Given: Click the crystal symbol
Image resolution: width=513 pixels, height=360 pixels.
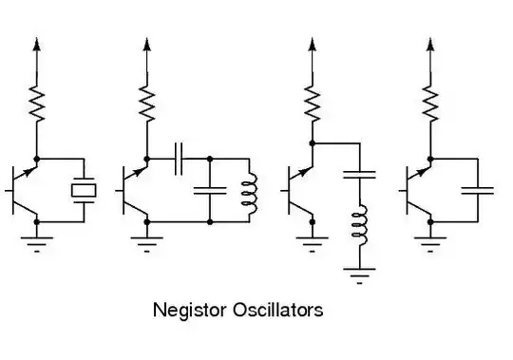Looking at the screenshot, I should pyautogui.click(x=85, y=189).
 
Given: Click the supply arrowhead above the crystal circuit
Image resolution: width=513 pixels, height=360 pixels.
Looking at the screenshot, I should pyautogui.click(x=36, y=44).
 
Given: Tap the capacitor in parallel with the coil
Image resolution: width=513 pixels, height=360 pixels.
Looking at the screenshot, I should pyautogui.click(x=208, y=190).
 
